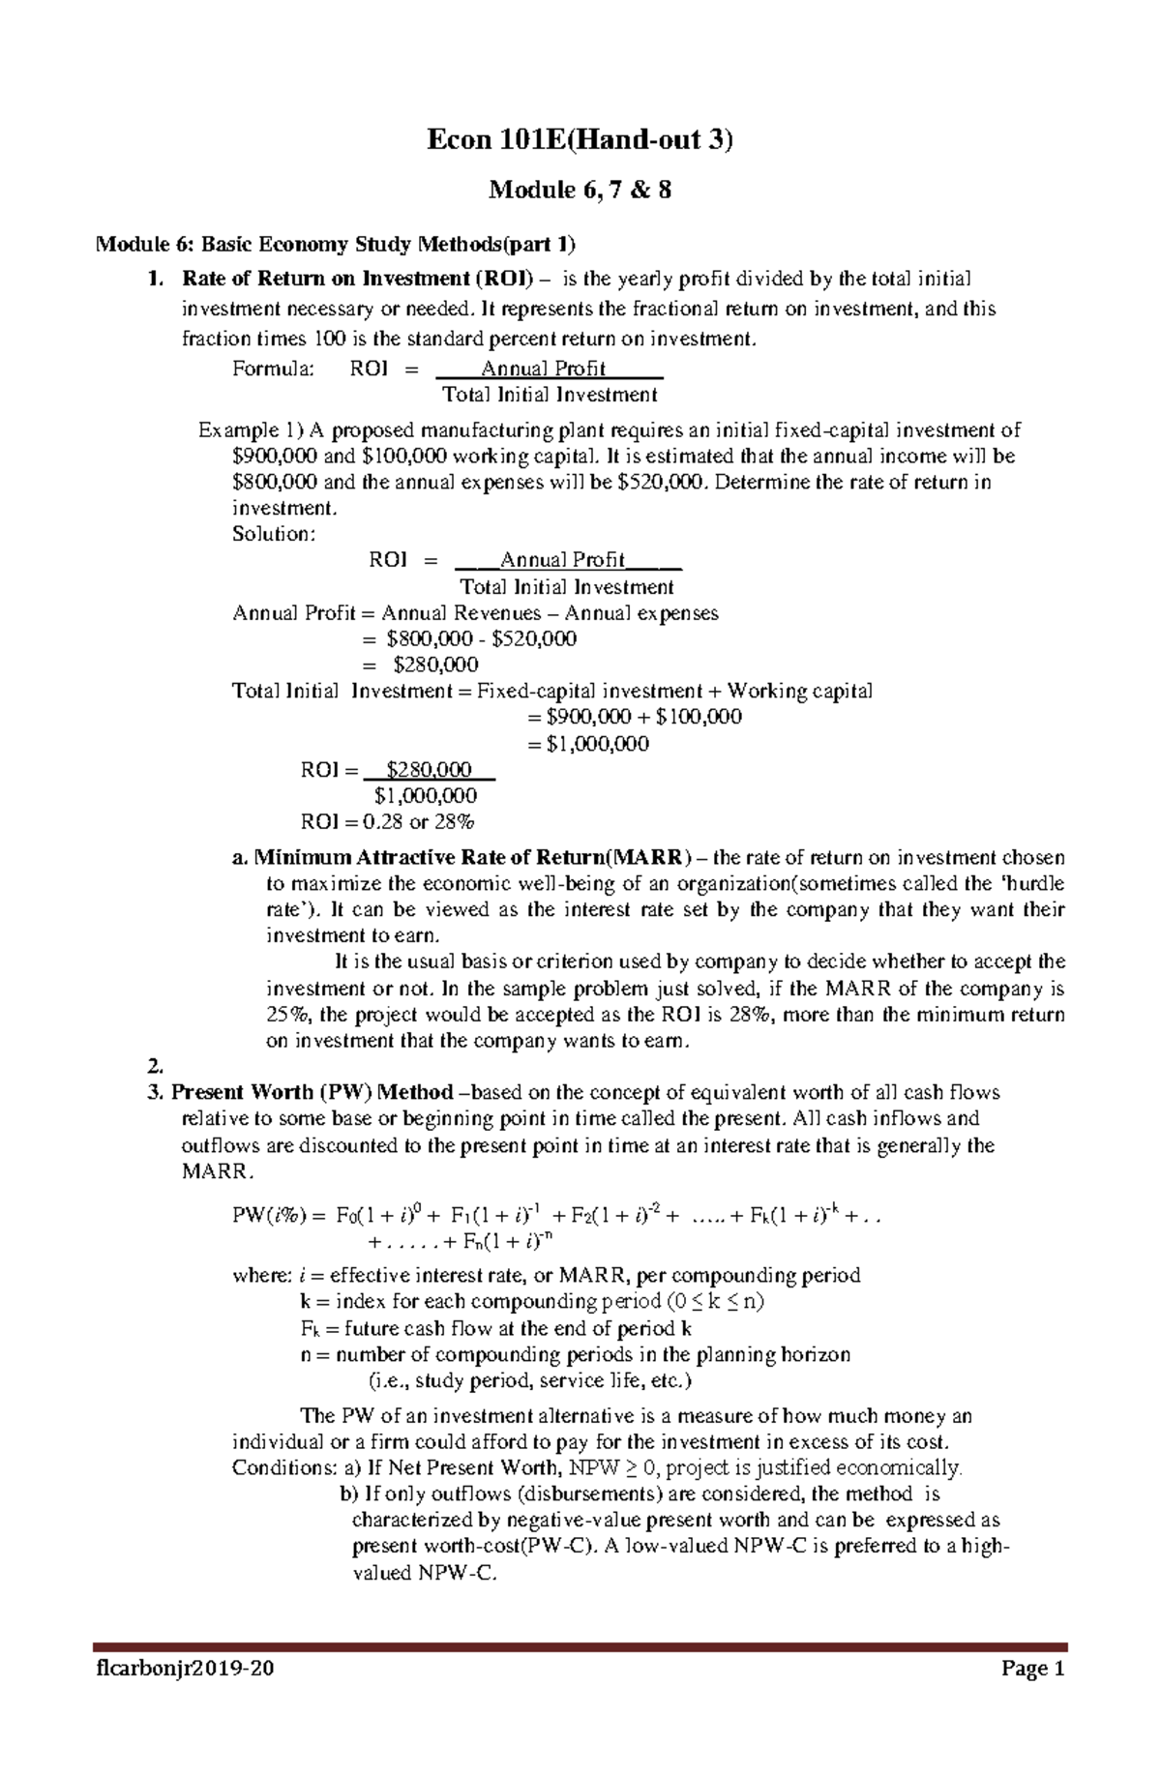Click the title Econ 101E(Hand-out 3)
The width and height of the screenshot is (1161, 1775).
580,140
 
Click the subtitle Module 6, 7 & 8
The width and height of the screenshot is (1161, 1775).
580,190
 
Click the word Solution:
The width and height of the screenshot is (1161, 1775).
274,534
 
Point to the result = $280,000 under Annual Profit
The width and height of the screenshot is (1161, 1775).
420,665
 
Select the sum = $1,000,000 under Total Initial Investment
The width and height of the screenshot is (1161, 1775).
587,744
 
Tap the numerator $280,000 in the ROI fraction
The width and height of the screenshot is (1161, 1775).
429,770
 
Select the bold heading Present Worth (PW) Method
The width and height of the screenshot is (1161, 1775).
312,1093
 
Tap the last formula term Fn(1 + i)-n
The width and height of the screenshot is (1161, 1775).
512,1242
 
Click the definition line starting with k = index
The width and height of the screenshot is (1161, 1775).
532,1302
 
